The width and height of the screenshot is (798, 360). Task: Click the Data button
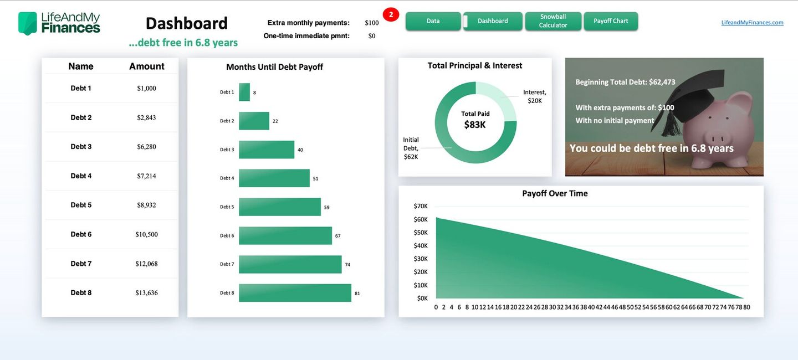(433, 21)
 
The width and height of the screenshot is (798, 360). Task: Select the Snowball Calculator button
(553, 21)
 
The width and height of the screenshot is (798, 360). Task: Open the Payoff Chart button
(611, 21)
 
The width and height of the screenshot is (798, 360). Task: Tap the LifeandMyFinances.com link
(752, 23)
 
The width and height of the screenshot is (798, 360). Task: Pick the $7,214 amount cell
(146, 176)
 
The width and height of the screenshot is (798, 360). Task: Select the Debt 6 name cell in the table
(81, 234)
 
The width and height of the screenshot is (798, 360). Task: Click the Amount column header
(146, 66)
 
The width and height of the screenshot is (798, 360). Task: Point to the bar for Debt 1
(244, 92)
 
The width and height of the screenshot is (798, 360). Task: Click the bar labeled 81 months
(295, 293)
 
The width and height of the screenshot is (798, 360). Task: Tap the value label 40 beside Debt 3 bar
(300, 150)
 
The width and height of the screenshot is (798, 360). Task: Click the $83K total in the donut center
(475, 125)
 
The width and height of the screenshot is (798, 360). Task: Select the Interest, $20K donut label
(534, 96)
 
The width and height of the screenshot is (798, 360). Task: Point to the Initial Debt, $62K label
(411, 148)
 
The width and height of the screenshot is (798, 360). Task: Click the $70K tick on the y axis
(421, 206)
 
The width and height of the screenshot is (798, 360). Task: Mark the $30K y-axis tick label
(421, 259)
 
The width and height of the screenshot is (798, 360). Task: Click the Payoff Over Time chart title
(555, 193)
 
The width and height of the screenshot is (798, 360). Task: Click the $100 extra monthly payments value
(372, 23)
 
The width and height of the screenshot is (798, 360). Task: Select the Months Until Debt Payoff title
(274, 67)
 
